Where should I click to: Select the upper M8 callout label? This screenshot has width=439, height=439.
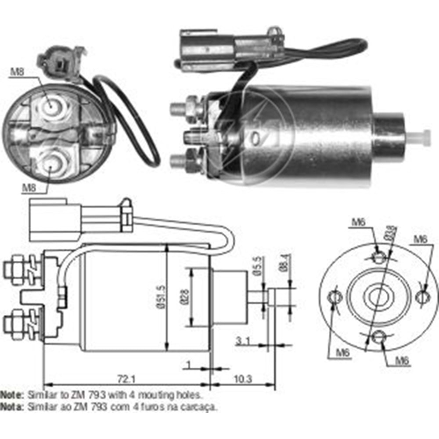click(17, 72)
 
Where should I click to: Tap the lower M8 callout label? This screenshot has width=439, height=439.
click(29, 187)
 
